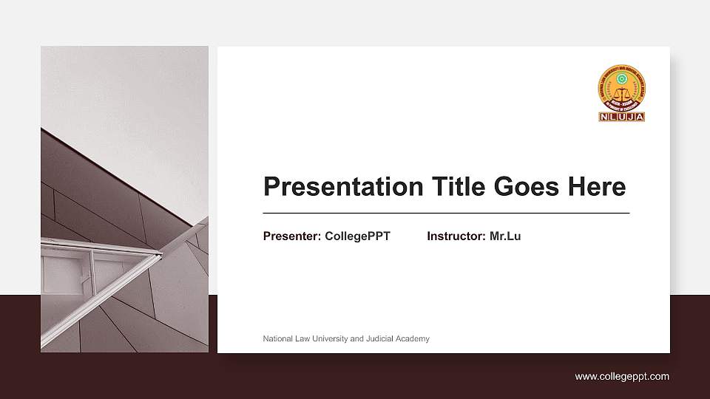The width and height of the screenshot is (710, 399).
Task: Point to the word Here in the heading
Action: [x=596, y=187]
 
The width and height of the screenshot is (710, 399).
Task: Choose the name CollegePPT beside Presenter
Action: [x=357, y=236]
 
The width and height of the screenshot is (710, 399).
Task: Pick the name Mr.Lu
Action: [x=505, y=236]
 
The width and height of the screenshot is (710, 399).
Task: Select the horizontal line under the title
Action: [x=446, y=213]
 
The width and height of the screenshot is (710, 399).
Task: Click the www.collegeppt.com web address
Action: [x=622, y=377]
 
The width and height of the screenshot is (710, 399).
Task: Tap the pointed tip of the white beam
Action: [x=160, y=254]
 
